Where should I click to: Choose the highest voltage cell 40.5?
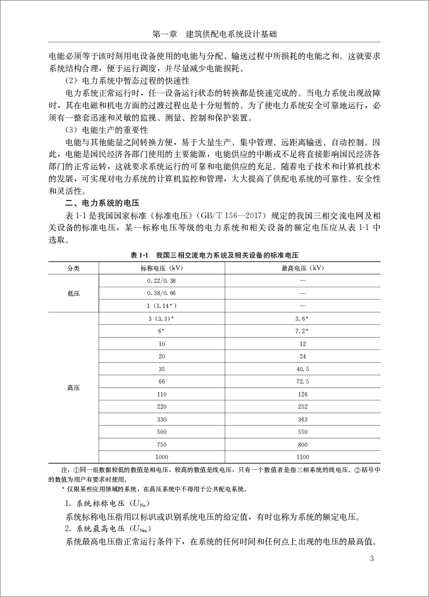tap(302, 369)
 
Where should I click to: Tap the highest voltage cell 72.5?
tap(302, 381)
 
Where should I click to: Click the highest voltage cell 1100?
tap(302, 457)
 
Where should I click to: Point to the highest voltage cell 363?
tap(302, 419)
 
